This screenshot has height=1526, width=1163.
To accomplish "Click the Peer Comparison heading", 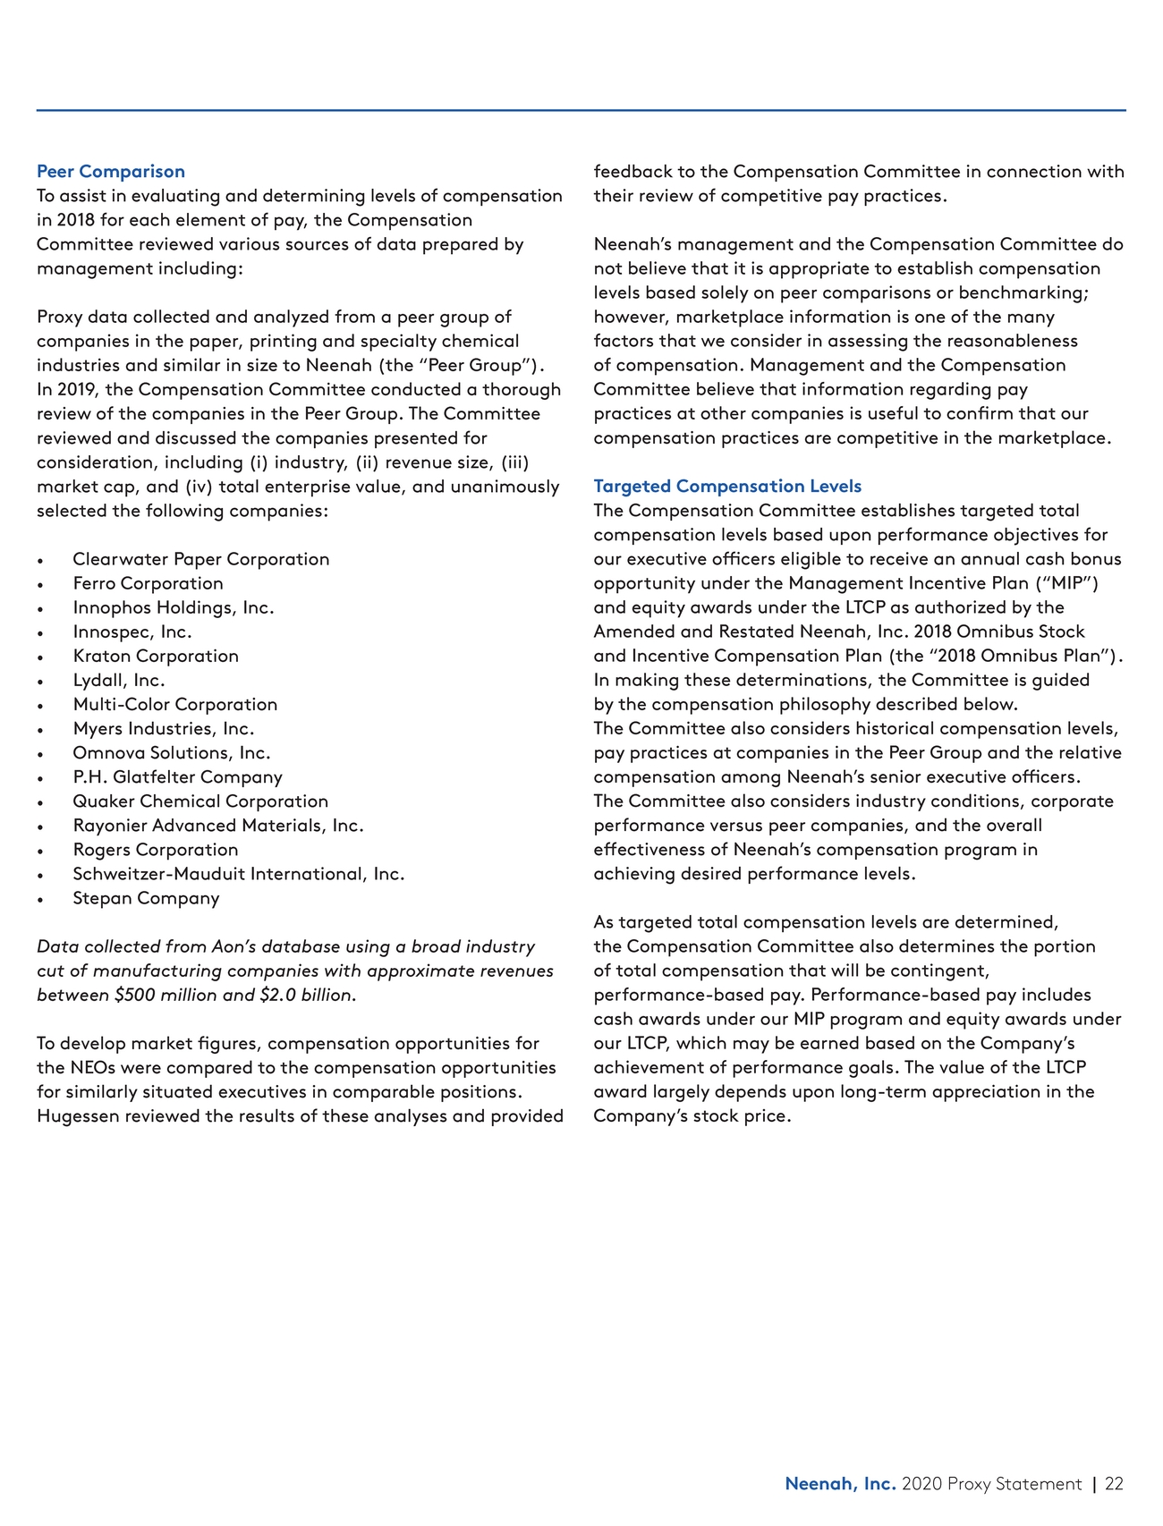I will click(x=111, y=172).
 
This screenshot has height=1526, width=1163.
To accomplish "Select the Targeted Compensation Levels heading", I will click(x=727, y=487).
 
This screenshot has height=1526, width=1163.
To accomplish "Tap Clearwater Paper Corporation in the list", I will click(x=201, y=559).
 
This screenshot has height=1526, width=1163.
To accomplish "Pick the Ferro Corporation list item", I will click(x=149, y=583).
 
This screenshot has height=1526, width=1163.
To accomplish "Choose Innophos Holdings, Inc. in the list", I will click(x=174, y=607).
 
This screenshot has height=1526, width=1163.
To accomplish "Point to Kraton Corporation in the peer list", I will click(x=156, y=656).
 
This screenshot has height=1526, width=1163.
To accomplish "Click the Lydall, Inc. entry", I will click(x=119, y=680).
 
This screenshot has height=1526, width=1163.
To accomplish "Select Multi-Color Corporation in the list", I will click(x=175, y=704).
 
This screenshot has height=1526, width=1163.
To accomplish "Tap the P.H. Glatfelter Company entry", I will click(x=177, y=777).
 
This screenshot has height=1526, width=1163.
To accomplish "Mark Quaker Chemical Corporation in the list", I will click(x=200, y=801).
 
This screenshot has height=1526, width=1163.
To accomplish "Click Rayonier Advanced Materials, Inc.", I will click(x=218, y=826).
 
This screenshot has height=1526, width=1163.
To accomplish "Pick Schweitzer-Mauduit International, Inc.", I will click(x=239, y=874).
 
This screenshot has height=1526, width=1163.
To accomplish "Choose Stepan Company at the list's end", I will click(x=146, y=898).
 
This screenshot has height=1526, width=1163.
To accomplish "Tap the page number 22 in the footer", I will click(x=1114, y=1484).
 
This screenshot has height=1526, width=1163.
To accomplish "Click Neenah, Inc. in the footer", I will click(x=840, y=1484).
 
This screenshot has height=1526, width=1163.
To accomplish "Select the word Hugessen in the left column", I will click(x=78, y=1116).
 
